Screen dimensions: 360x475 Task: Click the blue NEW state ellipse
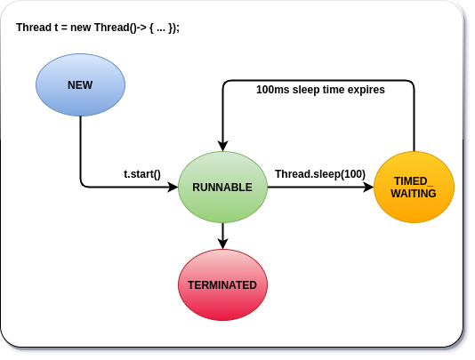(80, 84)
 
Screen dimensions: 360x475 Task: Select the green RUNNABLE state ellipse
(222, 188)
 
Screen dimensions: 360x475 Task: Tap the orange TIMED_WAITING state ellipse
(414, 187)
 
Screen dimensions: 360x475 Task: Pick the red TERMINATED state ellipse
(222, 285)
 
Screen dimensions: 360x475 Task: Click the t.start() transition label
(142, 173)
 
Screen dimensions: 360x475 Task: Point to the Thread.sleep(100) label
(320, 173)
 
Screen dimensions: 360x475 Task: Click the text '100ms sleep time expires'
(320, 90)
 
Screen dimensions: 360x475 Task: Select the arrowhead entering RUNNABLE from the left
(173, 188)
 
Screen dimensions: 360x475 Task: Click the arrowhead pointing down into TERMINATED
(222, 244)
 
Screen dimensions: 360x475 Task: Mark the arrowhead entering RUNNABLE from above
(222, 146)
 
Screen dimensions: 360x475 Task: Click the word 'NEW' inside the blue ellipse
(80, 85)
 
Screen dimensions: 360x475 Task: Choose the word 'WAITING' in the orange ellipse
(414, 194)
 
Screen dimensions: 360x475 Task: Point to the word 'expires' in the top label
(366, 90)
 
